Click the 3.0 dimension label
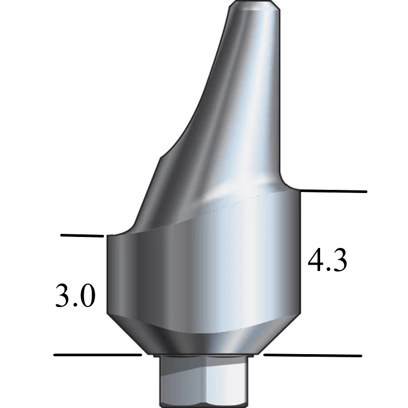pyautogui.click(x=75, y=297)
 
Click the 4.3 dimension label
pyautogui.click(x=327, y=260)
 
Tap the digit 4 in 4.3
pyautogui.click(x=315, y=260)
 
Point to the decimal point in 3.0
pyautogui.click(x=75, y=305)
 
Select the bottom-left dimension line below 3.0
pyautogui.click(x=97, y=355)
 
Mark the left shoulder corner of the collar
pyautogui.click(x=108, y=236)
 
